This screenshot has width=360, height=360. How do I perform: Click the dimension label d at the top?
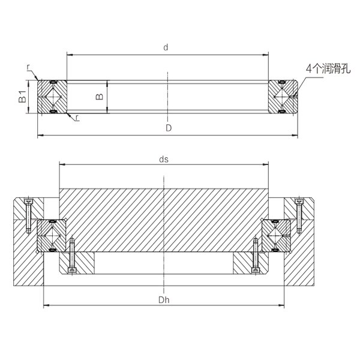166,47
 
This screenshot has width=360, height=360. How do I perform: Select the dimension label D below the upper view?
169,128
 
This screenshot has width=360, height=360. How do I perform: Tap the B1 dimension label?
23,97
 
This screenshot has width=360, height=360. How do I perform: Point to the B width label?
100,97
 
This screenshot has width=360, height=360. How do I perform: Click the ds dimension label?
164,159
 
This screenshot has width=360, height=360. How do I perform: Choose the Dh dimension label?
164,300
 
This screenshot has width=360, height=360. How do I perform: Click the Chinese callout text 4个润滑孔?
328,68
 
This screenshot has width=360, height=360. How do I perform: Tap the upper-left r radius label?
28,67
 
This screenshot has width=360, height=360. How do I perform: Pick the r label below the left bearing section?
77,118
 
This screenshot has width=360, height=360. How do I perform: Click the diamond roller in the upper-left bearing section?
53,97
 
